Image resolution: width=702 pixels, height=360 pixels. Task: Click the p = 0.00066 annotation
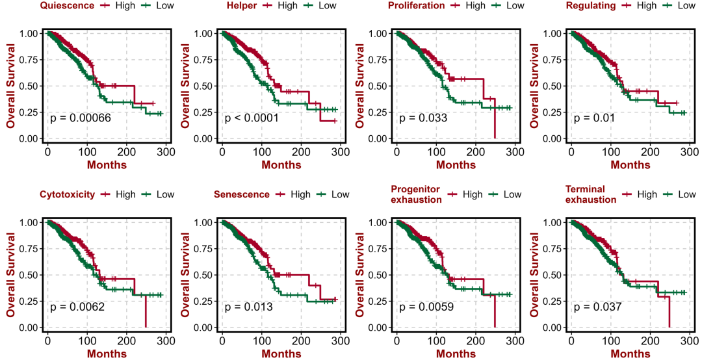(80, 118)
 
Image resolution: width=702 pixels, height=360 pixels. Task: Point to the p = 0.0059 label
(426, 307)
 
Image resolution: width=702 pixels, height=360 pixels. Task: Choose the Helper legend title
(241, 6)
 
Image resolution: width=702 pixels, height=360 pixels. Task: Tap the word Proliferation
(417, 6)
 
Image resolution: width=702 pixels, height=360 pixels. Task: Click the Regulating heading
(590, 6)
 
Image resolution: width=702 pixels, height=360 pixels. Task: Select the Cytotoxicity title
(67, 194)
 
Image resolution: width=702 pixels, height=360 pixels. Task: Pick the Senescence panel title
(241, 194)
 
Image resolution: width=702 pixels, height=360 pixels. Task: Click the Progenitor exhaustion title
(416, 194)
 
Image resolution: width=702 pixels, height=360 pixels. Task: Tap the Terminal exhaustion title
(591, 194)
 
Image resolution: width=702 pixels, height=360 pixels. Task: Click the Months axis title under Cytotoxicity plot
(107, 354)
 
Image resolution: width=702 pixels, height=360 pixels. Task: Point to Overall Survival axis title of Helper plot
(185, 86)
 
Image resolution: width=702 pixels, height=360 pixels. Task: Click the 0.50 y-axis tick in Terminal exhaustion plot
(554, 275)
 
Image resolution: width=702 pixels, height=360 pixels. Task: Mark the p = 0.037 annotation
(597, 307)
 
